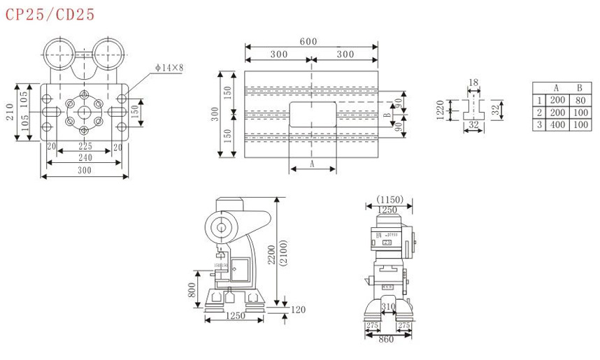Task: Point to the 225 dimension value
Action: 85,147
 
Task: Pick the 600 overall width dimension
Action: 308,42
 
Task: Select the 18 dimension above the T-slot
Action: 473,83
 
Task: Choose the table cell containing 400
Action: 557,124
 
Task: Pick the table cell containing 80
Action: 579,100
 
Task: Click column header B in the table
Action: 579,88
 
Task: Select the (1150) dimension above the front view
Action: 390,200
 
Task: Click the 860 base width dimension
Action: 386,339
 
